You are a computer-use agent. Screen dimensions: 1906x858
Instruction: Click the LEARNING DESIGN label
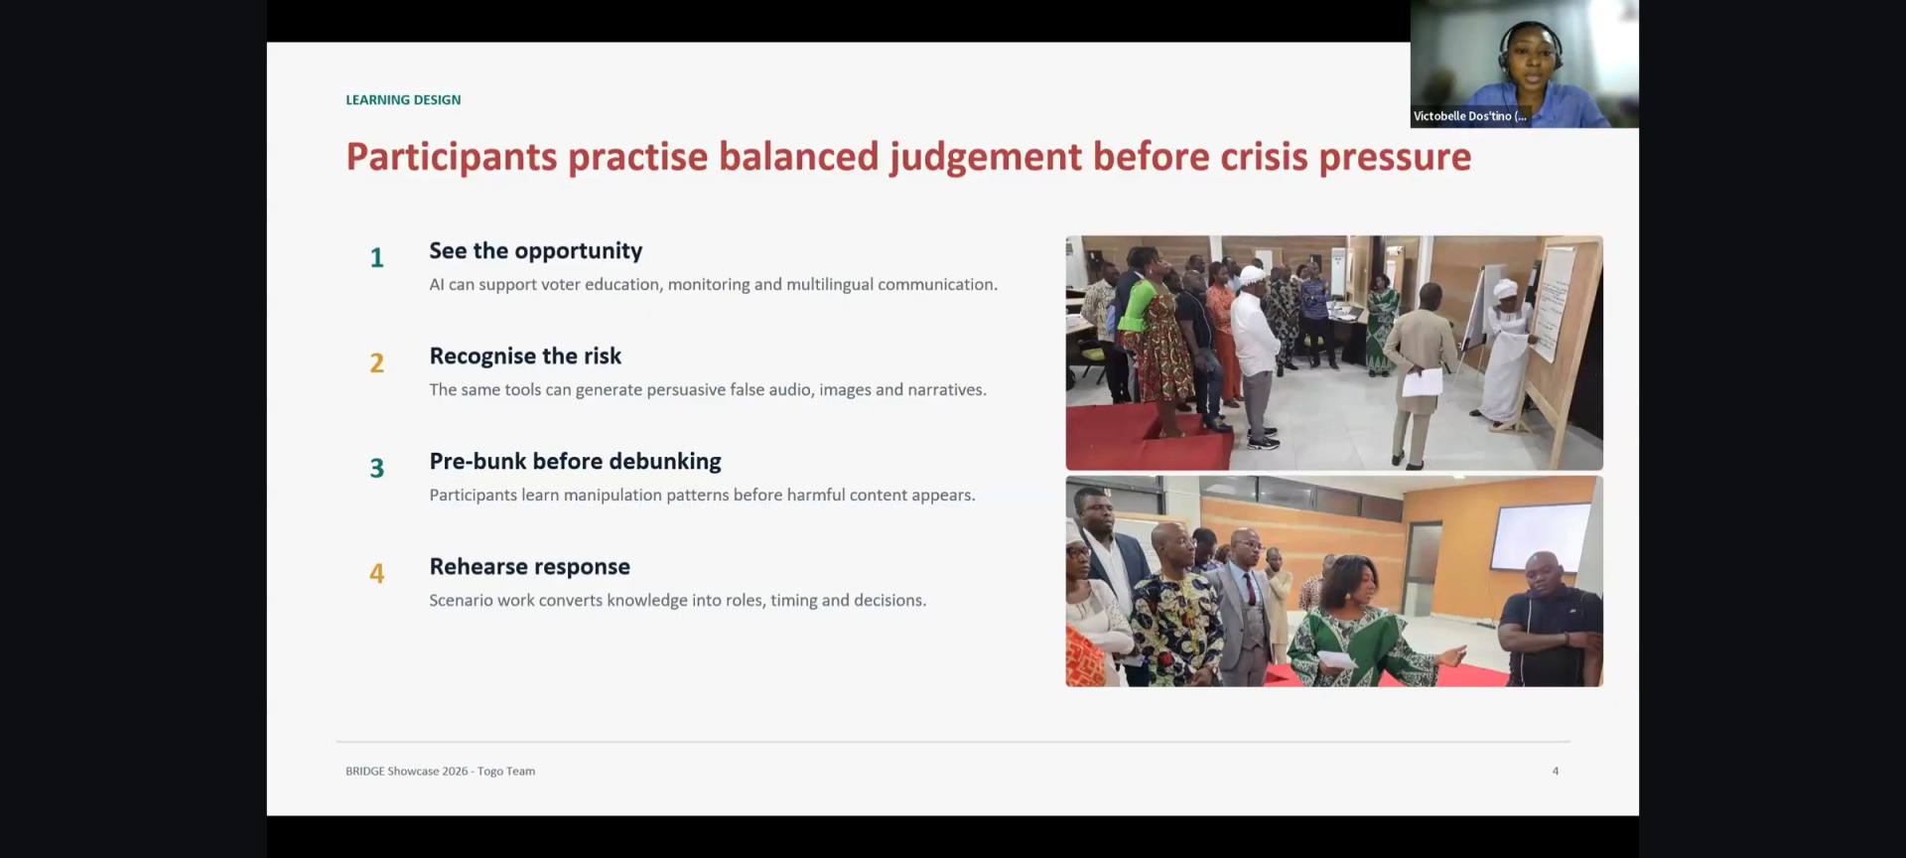pos(403,99)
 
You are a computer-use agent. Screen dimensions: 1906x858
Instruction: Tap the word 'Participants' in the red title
pos(452,158)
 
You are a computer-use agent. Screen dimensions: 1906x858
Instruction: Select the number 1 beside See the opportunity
pos(377,258)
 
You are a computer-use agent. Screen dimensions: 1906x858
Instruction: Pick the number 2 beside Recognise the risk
pos(377,363)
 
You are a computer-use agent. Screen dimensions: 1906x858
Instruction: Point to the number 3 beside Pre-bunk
pos(377,469)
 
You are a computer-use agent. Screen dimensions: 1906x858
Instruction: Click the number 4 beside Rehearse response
pos(377,574)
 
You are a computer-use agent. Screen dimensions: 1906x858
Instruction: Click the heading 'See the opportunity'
pos(536,251)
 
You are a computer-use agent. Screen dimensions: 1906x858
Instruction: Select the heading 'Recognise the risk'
pos(525,356)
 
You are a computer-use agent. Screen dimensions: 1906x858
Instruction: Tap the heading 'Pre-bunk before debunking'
pos(576,462)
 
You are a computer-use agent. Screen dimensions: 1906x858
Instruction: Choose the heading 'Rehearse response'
pos(530,567)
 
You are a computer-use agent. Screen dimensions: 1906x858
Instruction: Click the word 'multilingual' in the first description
pos(830,285)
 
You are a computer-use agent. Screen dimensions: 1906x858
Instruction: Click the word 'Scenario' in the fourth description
pos(460,600)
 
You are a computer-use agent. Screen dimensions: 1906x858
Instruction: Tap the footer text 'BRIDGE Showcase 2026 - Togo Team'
pos(440,771)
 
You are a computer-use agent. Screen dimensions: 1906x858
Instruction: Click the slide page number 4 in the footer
pos(1556,771)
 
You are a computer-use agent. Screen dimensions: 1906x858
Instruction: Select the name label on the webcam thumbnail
pos(1470,116)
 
